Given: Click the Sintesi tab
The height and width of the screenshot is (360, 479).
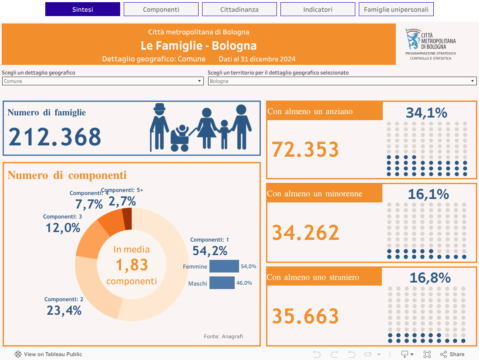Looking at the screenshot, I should point(83,9).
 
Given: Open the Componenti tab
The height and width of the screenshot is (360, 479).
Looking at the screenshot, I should point(161,9).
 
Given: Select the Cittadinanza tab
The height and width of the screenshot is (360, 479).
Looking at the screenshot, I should point(239,9).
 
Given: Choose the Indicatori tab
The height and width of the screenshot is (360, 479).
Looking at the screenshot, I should point(318,9).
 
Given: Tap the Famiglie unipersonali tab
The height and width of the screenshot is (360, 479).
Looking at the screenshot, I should point(396,9).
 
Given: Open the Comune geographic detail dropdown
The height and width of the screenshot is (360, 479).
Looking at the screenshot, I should point(103,81).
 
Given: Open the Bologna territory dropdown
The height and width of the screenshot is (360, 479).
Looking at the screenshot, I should point(342,81).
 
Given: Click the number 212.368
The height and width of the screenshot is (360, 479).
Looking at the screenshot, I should point(55,137).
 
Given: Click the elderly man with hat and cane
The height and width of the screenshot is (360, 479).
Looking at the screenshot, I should point(159,126).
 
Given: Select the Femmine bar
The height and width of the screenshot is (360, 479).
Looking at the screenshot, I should point(224,266).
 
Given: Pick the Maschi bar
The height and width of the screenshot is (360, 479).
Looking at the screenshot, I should point(222,283).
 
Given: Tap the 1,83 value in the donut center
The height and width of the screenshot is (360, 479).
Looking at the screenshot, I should point(132,265).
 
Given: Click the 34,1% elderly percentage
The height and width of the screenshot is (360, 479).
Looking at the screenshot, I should point(426,113).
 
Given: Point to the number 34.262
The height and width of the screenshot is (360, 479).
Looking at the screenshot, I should point(305,233).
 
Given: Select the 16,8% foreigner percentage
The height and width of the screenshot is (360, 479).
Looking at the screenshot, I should point(430,278).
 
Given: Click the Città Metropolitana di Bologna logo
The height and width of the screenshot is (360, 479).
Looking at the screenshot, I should point(430,44).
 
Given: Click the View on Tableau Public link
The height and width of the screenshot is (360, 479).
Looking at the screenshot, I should point(48,354).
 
